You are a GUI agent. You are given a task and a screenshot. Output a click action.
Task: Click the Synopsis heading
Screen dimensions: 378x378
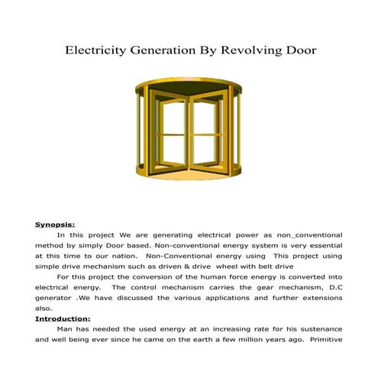click(55, 225)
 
